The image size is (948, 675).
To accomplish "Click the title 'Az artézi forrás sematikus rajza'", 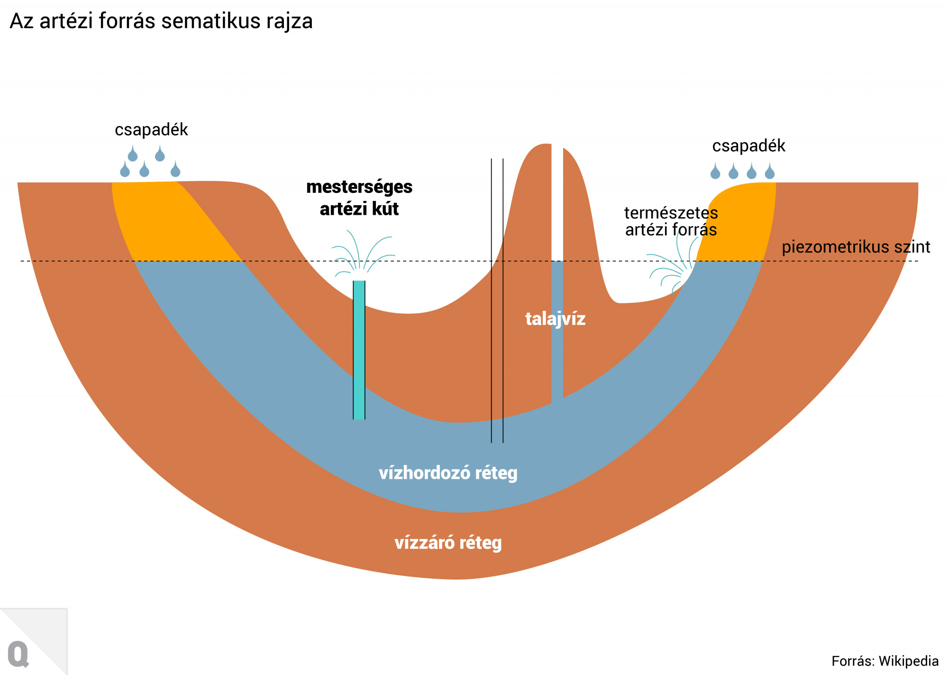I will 161,21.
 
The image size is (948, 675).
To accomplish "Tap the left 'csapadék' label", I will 151,129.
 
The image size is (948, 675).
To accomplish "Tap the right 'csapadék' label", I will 748,146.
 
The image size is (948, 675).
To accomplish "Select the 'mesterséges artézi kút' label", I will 359,198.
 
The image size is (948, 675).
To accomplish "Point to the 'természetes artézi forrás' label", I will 671,221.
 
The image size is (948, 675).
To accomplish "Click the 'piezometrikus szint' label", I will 856,247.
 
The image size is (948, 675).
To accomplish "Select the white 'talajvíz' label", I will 555,319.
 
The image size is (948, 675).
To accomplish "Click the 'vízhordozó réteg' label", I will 448,473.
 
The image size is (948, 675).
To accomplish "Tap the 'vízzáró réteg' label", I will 448,543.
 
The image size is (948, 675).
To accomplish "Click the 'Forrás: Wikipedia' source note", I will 884,661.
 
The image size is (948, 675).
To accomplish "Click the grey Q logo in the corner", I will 18,655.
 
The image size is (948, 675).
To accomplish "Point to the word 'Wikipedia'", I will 909,661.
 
